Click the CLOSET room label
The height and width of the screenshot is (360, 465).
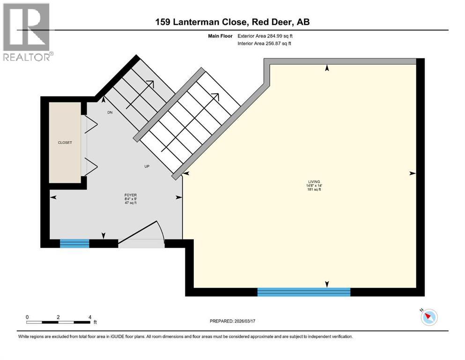click(65, 142)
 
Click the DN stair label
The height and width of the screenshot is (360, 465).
click(110, 112)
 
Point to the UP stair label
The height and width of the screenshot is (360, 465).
click(147, 166)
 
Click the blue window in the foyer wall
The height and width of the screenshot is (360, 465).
click(74, 243)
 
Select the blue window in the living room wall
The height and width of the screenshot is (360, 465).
click(304, 292)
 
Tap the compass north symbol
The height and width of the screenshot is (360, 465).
click(429, 317)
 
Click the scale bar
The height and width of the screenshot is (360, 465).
click(58, 322)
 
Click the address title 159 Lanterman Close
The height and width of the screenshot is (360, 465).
click(232, 22)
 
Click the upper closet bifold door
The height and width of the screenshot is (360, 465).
click(90, 124)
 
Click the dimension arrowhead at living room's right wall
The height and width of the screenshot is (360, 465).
click(412, 173)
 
